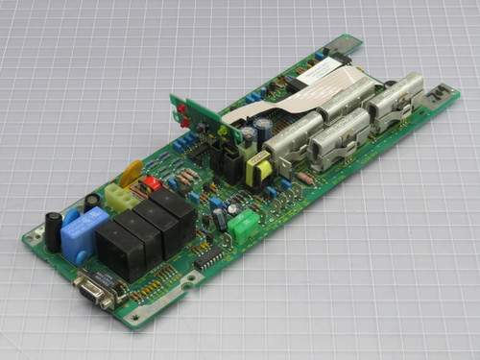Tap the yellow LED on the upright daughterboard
coord(222,132)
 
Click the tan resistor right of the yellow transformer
coord(305,178)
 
